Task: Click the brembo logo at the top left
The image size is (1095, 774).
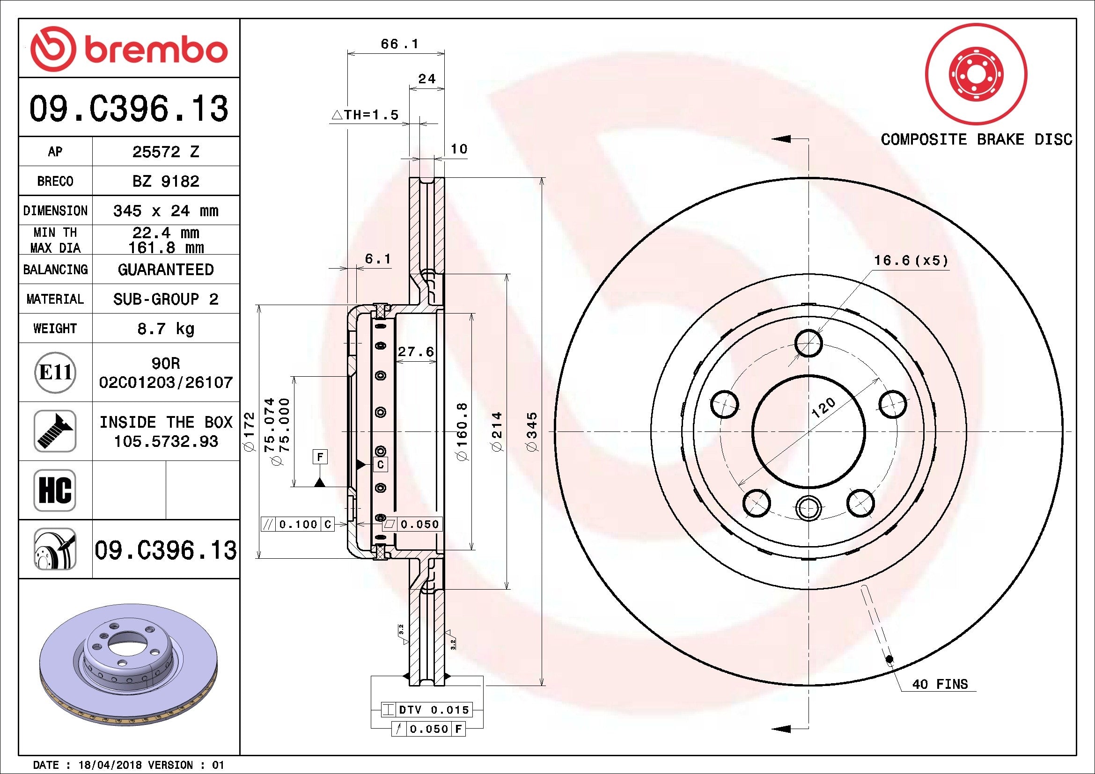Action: click(129, 49)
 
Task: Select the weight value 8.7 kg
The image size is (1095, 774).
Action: click(165, 329)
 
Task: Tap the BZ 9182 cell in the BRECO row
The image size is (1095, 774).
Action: click(165, 181)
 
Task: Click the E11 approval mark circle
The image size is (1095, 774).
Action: click(55, 372)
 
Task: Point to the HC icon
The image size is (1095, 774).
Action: click(55, 490)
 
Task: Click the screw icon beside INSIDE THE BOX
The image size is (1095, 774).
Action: click(55, 431)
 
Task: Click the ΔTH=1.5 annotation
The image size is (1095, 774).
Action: click(365, 115)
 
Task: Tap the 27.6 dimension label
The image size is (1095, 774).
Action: click(416, 352)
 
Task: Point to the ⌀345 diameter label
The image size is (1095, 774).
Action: click(532, 432)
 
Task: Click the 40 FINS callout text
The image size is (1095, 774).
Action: click(940, 685)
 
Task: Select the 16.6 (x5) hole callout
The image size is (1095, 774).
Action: click(911, 261)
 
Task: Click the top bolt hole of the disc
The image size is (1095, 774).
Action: click(809, 343)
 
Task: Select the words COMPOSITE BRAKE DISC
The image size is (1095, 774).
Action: click(976, 139)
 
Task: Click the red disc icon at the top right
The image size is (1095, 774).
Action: click(976, 75)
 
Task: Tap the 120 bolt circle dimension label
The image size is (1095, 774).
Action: click(823, 408)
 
